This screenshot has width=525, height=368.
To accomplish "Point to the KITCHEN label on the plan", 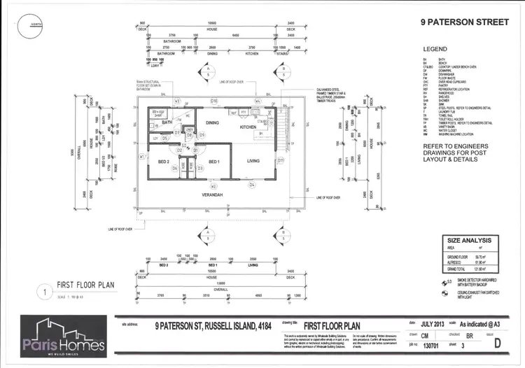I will tap(248, 127).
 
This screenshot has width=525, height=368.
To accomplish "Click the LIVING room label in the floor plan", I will tap(253, 161).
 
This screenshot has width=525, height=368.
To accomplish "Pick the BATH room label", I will tap(167, 122).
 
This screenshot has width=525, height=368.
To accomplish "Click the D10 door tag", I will tap(214, 101).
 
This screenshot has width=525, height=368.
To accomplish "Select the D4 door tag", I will tap(252, 185).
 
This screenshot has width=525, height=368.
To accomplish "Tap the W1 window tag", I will tap(141, 157).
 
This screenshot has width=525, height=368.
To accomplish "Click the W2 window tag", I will tap(214, 187).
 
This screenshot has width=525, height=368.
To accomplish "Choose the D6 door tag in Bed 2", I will tap(175, 169).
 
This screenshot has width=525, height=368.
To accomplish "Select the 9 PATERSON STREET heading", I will tap(464, 22).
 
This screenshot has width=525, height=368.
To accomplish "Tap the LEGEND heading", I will tap(435, 49).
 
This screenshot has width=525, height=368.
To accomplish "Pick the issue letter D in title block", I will tap(496, 344).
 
